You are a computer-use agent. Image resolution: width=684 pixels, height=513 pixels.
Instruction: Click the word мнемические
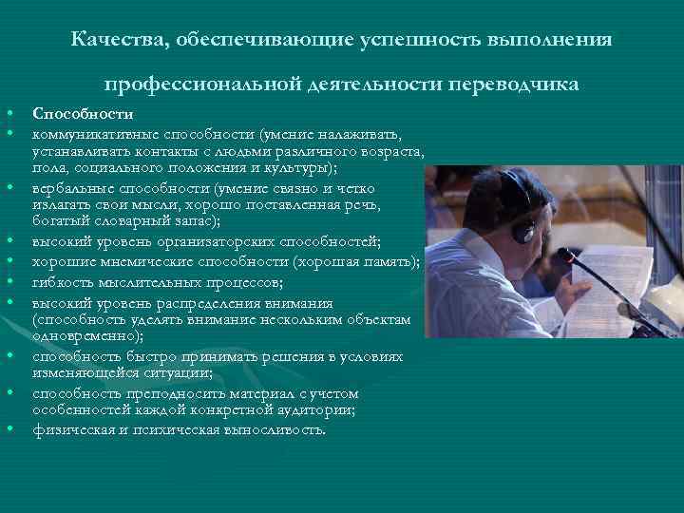pyautogui.click(x=142, y=261)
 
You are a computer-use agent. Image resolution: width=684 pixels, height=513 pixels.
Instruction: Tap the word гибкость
pyautogui.click(x=62, y=282)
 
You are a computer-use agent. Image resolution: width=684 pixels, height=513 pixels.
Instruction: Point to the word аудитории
pyautogui.click(x=321, y=408)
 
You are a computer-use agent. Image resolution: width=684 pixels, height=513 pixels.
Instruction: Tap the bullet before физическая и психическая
pyautogui.click(x=20, y=428)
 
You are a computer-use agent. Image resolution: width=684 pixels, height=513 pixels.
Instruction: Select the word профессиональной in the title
pyautogui.click(x=207, y=85)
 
